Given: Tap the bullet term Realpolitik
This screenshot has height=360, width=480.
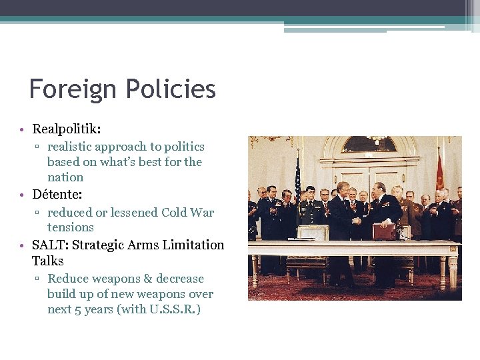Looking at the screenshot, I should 71,129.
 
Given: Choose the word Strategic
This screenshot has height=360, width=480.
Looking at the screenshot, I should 100,245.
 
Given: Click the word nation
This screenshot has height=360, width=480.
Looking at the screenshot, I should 65,177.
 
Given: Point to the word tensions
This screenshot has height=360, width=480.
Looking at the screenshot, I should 71,227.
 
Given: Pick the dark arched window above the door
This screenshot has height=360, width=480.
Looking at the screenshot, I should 369,145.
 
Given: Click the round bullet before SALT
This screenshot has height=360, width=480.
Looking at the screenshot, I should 22,245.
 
